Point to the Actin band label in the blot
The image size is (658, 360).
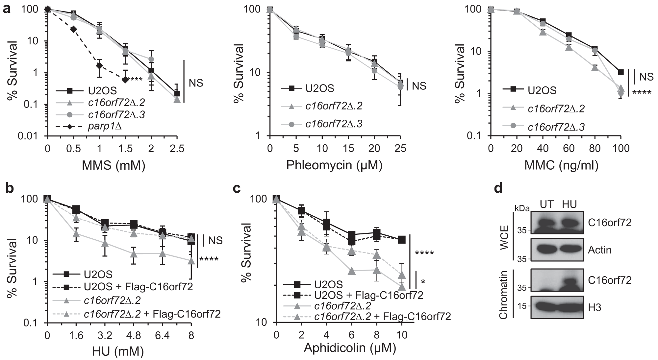(599, 250)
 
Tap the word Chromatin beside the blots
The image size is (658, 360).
(503, 295)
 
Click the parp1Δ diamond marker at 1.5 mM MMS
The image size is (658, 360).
(125, 80)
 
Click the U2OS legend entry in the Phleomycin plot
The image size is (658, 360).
(319, 88)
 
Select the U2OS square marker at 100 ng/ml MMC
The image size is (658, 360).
(621, 72)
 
